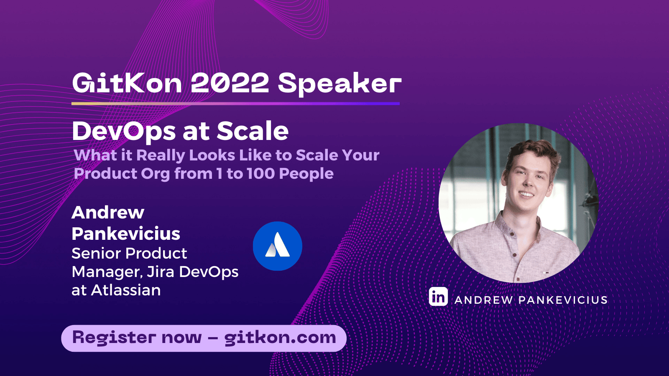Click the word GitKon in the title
tap(127, 83)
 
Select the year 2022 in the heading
tap(230, 83)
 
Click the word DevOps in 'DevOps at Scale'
tap(124, 132)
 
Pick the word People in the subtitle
tap(306, 174)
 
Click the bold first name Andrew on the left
tap(108, 212)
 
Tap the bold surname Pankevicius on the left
tap(126, 234)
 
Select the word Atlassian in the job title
tap(126, 290)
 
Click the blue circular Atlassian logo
tap(277, 246)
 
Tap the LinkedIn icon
tap(438, 297)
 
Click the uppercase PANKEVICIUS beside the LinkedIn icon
tap(563, 300)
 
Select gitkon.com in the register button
tap(280, 338)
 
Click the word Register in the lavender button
tap(114, 338)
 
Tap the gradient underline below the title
tap(235, 103)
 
